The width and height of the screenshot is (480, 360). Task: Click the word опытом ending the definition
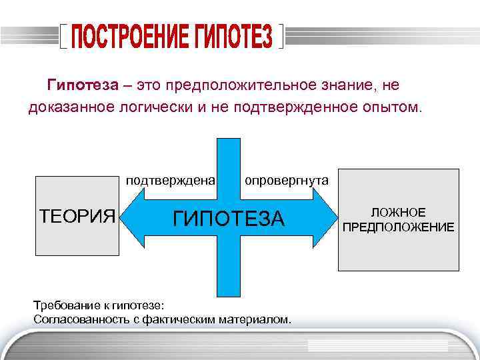(x=392, y=107)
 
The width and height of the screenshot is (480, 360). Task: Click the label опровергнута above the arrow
(x=285, y=180)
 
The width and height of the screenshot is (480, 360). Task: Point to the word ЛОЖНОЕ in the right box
(x=398, y=213)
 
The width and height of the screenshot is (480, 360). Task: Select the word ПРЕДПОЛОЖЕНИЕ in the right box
(x=398, y=227)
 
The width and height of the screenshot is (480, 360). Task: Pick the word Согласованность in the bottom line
(x=79, y=319)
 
